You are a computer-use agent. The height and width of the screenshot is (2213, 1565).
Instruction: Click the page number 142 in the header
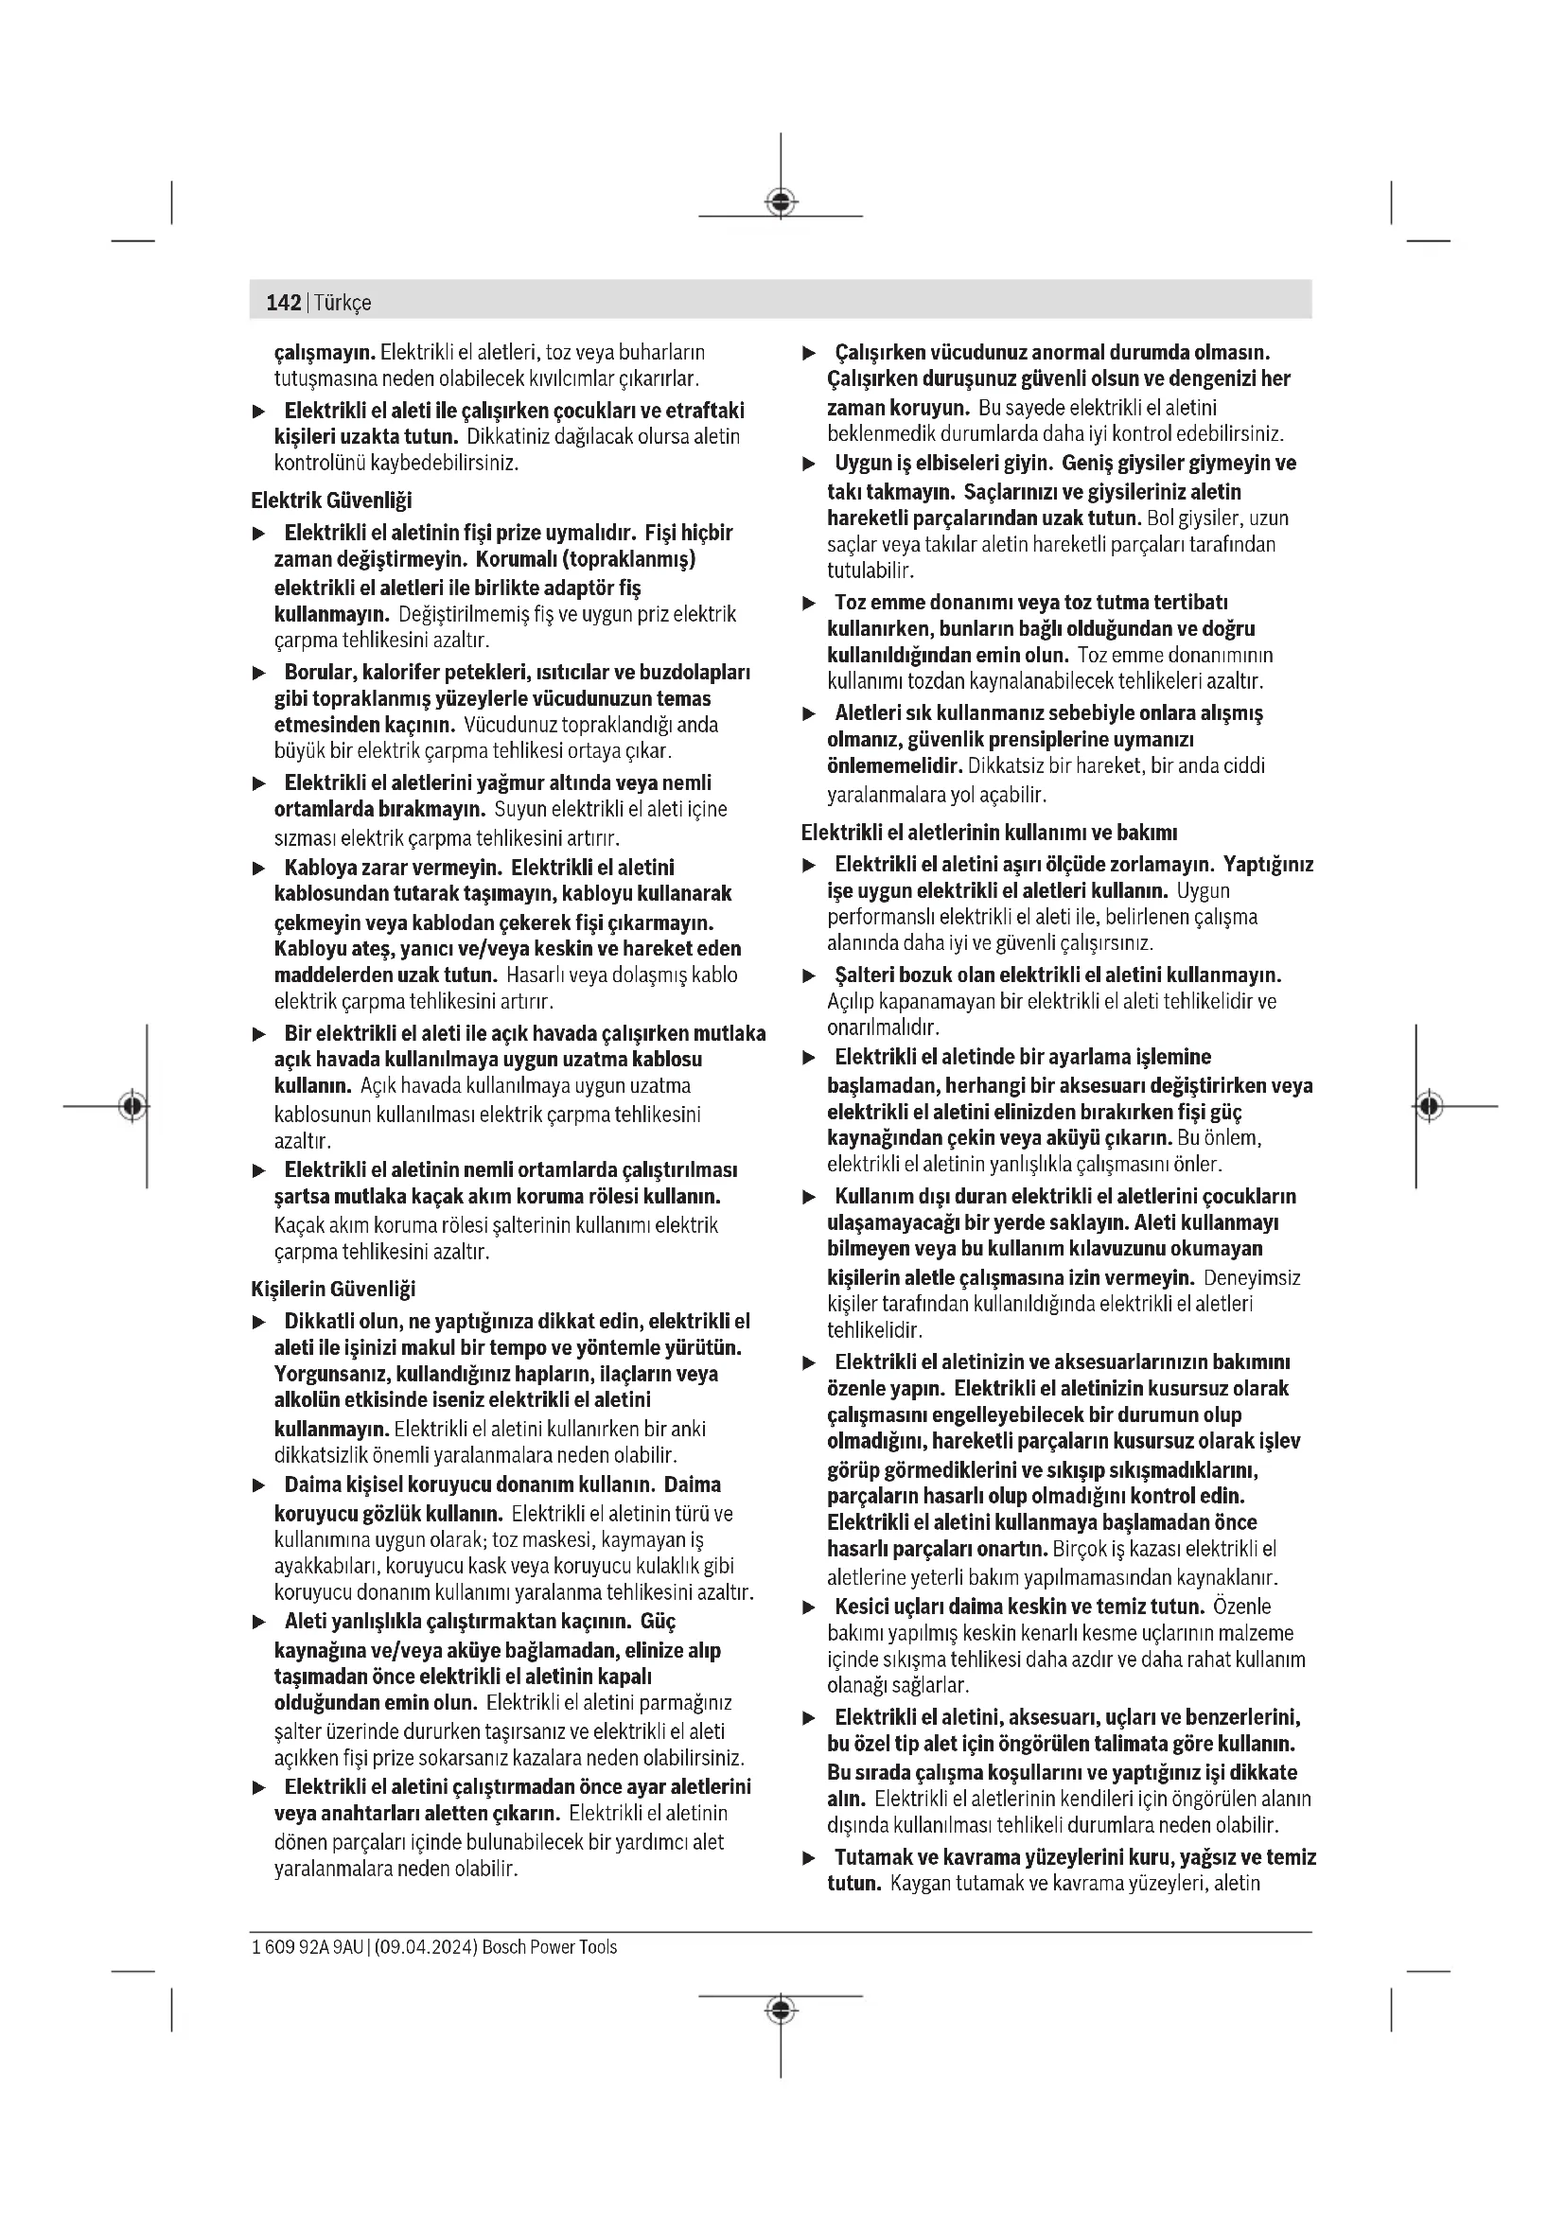click(283, 303)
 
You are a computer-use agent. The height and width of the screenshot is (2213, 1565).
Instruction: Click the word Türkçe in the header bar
click(343, 303)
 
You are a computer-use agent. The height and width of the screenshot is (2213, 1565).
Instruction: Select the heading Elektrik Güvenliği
click(330, 501)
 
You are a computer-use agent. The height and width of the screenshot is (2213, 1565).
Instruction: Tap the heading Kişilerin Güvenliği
click(332, 1289)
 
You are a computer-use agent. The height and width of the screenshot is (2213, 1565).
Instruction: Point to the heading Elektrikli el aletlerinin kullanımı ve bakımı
click(989, 832)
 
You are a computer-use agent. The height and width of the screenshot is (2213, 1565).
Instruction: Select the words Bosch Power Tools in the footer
click(550, 1947)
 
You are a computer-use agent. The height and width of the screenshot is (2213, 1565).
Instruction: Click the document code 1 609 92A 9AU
click(307, 1947)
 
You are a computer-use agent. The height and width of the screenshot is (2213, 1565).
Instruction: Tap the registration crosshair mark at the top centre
click(781, 202)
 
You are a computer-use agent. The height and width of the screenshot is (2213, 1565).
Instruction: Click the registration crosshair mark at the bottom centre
click(781, 2011)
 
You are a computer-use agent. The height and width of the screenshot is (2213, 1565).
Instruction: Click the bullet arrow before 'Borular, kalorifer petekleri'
click(258, 673)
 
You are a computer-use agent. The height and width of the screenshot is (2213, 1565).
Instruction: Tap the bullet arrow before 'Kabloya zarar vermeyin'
click(258, 869)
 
